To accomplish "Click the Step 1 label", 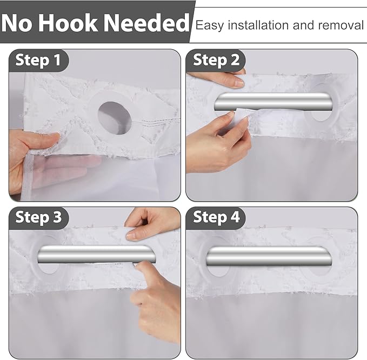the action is (38, 60).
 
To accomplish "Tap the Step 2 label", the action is (216, 60).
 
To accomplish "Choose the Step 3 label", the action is (38, 217).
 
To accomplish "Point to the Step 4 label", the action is (216, 217).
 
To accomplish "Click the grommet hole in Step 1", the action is (115, 118).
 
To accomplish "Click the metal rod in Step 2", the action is (273, 102).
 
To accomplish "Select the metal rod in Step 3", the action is (97, 254).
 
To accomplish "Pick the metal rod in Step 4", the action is (269, 256).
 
